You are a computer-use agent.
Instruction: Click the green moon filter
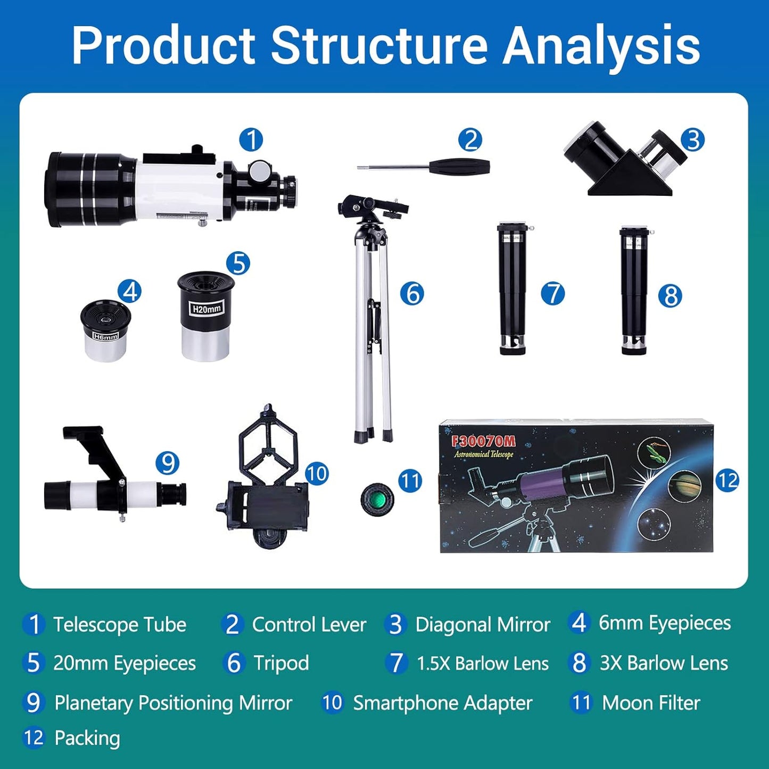[x=377, y=499]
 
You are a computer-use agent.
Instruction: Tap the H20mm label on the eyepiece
[x=206, y=309]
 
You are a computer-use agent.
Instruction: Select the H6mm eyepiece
[x=106, y=330]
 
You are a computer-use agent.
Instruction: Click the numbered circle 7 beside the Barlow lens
[x=552, y=294]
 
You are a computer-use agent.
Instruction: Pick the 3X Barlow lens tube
[x=634, y=290]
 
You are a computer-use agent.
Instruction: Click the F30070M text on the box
[x=483, y=441]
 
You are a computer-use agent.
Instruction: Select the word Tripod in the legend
[x=281, y=663]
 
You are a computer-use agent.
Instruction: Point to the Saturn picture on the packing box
[x=684, y=486]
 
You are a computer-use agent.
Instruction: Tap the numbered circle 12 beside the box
[x=727, y=481]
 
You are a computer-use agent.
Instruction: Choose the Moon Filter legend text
[x=650, y=703]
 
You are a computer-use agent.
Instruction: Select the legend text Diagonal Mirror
[x=482, y=625]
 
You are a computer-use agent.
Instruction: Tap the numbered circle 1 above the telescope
[x=251, y=140]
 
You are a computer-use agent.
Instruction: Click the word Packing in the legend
[x=87, y=738]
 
